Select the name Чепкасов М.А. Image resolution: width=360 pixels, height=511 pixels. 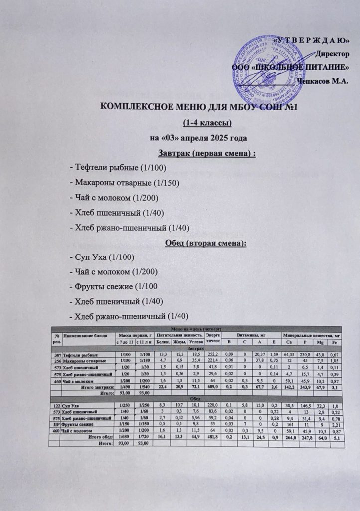(322, 81)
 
